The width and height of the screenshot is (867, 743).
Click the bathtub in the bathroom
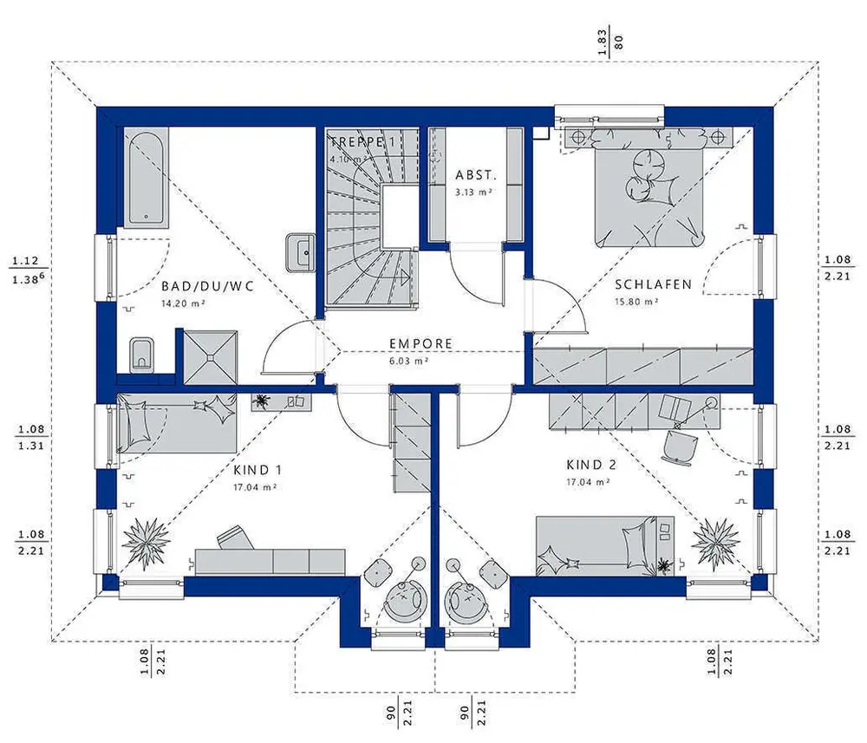(x=146, y=177)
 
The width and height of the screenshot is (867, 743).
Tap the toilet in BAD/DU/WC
(x=142, y=355)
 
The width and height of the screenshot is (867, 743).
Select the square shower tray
(x=210, y=357)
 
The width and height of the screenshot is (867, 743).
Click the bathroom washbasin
(x=301, y=252)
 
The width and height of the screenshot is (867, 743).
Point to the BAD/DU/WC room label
(x=207, y=286)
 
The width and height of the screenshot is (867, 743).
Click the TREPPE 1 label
(x=362, y=141)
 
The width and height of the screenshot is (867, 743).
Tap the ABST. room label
(x=475, y=175)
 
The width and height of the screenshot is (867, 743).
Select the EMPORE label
(x=420, y=343)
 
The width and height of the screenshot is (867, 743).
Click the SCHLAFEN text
(x=653, y=284)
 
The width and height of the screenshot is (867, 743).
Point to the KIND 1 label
(x=257, y=471)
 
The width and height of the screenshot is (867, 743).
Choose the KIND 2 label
(x=591, y=465)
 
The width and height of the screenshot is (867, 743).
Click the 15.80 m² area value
(x=636, y=302)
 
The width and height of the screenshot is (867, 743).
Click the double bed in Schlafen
(x=650, y=186)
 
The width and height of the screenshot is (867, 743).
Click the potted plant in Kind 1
(x=146, y=543)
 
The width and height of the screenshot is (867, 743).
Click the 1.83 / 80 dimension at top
(x=610, y=42)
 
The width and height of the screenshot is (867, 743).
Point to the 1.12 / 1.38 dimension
(x=26, y=270)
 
